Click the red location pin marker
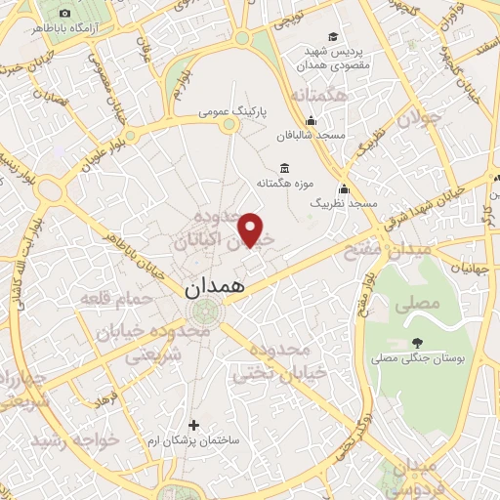click(x=252, y=229)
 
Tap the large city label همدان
click(x=222, y=289)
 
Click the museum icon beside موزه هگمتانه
click(x=284, y=167)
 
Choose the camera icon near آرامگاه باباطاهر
click(x=64, y=14)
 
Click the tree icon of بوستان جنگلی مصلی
click(x=418, y=342)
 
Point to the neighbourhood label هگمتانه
click(x=319, y=96)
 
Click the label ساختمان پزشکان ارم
click(x=193, y=439)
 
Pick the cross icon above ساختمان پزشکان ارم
click(x=193, y=425)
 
